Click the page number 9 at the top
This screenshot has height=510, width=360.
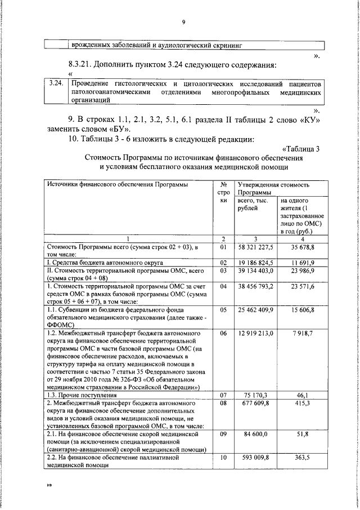pos(184,22)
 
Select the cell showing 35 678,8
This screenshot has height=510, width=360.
pos(303,246)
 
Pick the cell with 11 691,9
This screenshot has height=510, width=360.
pos(303,263)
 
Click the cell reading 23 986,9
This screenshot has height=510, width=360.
pos(303,271)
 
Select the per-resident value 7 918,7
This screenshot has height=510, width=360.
pos(303,334)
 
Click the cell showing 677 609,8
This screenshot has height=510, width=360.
pos(256,403)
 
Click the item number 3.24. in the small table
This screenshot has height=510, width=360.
pos(55,83)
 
